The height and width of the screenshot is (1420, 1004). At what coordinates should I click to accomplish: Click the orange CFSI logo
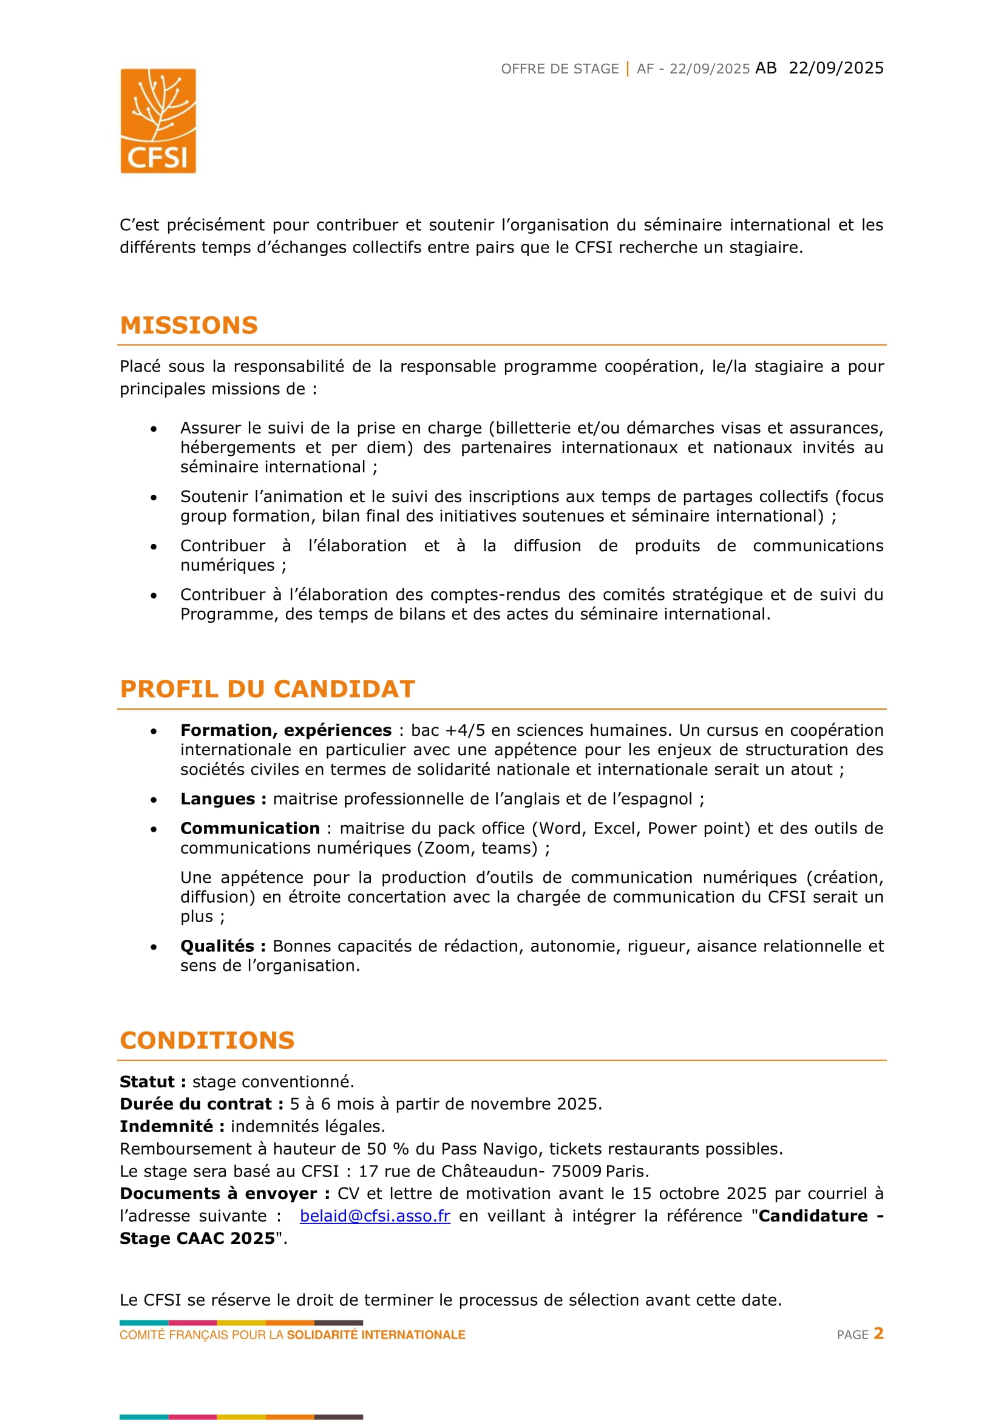click(158, 121)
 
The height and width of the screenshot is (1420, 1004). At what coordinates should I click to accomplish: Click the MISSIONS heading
click(189, 325)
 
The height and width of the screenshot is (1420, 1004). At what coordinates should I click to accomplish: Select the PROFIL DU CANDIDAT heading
click(267, 689)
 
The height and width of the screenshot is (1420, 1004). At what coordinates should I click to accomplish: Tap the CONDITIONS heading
click(207, 1041)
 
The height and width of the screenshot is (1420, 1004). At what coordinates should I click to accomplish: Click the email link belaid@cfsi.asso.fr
click(375, 1216)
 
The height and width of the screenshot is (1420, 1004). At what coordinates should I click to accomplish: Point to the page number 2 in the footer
click(878, 1333)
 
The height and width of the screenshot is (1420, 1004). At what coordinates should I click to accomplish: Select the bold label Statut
click(148, 1082)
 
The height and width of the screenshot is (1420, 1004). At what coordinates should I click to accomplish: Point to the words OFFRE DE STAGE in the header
click(560, 69)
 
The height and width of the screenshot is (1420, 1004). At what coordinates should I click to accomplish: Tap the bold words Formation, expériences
click(286, 730)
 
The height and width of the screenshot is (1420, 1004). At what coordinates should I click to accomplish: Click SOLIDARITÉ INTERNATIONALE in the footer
click(376, 1334)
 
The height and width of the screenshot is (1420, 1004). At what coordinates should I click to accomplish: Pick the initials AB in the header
click(766, 68)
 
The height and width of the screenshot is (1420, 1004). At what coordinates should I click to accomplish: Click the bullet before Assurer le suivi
click(154, 429)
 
